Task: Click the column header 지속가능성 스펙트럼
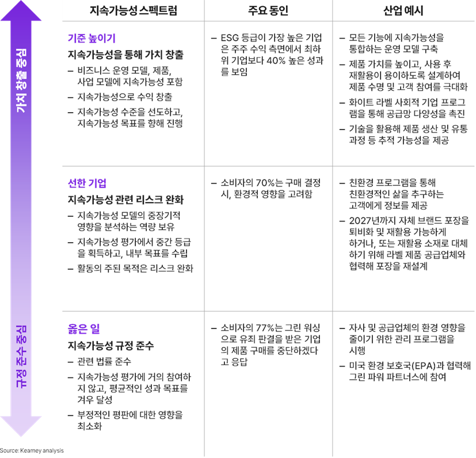click(x=134, y=10)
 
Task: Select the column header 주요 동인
click(x=268, y=10)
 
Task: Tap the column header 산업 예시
click(x=403, y=10)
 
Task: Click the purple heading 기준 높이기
click(x=92, y=38)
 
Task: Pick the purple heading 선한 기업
click(x=87, y=184)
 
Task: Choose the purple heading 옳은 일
click(x=84, y=329)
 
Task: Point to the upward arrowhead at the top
click(x=21, y=11)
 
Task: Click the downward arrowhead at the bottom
click(x=21, y=426)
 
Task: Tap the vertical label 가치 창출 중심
click(x=21, y=81)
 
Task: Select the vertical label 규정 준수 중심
click(x=21, y=356)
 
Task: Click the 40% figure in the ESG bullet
click(x=276, y=60)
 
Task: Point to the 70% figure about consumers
click(x=265, y=183)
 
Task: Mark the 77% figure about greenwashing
click(x=265, y=328)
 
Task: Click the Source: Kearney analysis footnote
click(x=32, y=451)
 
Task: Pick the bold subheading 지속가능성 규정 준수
click(x=111, y=345)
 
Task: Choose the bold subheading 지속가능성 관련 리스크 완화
click(x=125, y=200)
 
